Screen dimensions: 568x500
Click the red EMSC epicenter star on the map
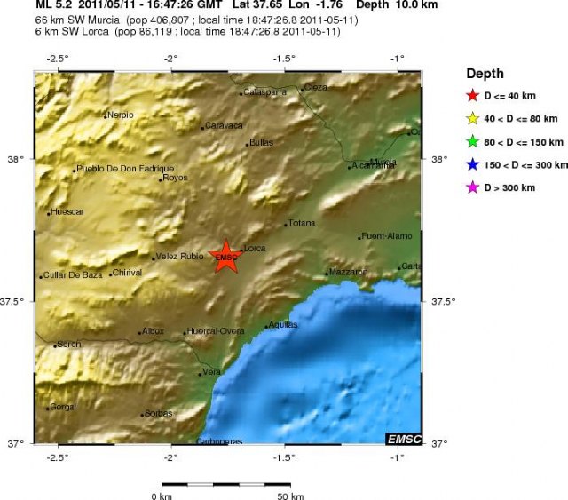tap(227, 257)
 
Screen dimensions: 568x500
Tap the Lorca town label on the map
tap(255, 247)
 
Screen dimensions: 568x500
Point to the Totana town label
tap(300, 224)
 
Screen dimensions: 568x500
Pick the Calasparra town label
tap(264, 91)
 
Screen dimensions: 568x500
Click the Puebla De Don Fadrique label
tap(125, 168)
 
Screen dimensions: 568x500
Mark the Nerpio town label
tap(120, 115)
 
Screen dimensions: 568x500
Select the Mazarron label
tap(348, 271)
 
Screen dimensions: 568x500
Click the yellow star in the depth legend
tap(472, 119)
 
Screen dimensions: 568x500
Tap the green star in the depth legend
tap(472, 142)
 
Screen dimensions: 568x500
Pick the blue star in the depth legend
tap(472, 165)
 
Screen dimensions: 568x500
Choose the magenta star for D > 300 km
tap(472, 187)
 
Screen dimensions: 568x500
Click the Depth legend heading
tap(485, 74)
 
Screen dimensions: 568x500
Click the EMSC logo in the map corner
tap(404, 439)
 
